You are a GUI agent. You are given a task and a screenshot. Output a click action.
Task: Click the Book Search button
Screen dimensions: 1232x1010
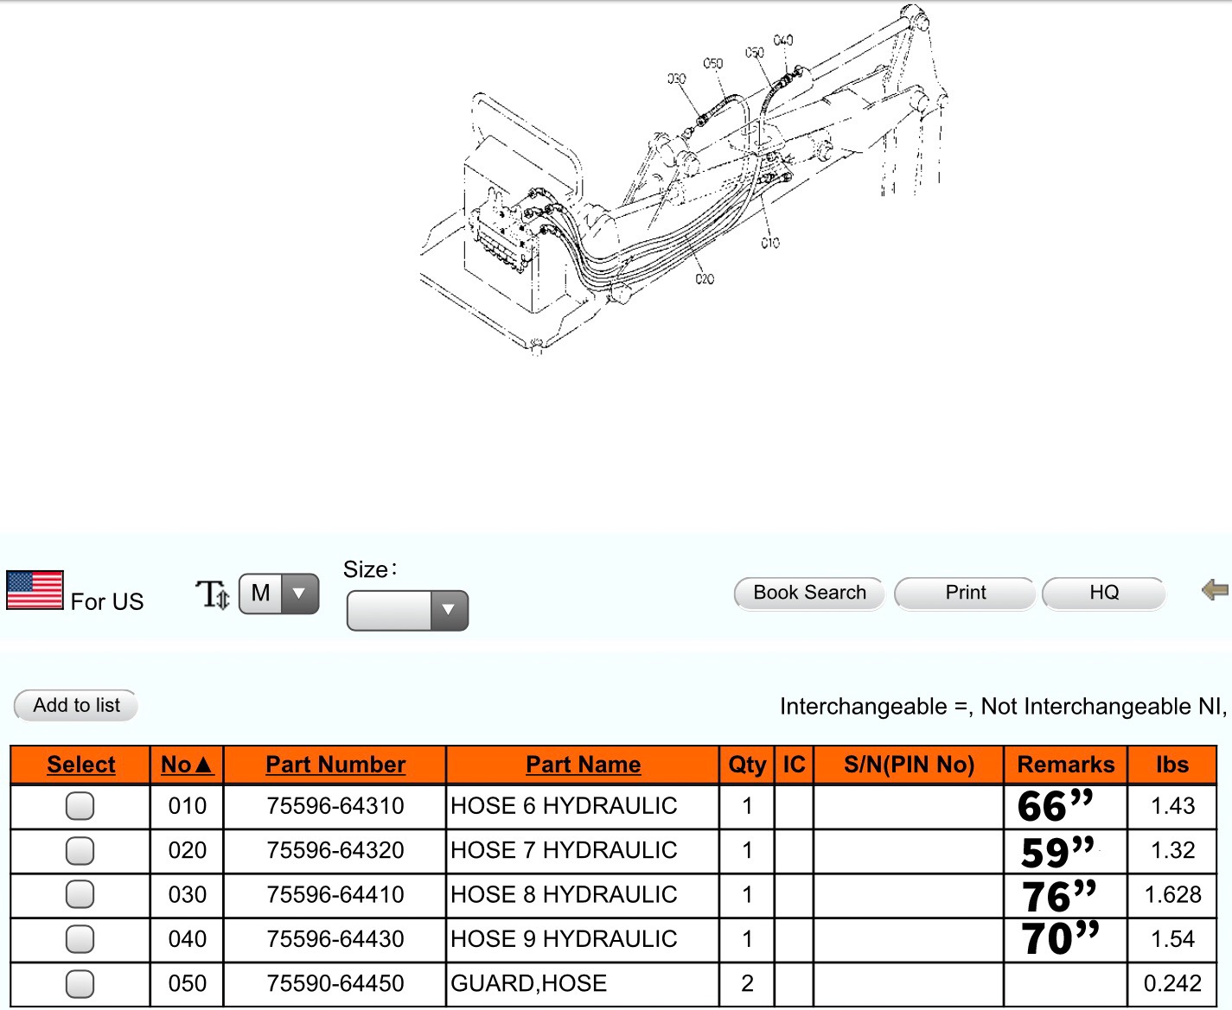809,594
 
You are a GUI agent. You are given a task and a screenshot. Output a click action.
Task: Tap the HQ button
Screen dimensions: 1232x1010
1103,594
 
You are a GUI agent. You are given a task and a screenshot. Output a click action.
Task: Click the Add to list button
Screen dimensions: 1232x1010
76,705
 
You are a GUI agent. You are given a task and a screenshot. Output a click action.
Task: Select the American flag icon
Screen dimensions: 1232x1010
35,589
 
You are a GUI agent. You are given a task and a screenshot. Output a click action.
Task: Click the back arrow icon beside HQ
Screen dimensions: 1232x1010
1215,589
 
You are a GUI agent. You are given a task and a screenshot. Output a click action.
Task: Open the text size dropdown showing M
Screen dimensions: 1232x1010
278,594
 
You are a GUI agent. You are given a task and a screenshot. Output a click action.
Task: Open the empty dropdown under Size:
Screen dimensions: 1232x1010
407,611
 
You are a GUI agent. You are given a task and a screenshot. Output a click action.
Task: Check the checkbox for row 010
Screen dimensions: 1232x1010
80,805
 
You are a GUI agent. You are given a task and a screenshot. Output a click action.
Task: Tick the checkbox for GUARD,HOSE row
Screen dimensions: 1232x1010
80,984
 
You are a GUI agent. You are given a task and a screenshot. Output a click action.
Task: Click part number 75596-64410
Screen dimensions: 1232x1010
335,894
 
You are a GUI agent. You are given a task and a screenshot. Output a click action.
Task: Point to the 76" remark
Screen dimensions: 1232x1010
1058,896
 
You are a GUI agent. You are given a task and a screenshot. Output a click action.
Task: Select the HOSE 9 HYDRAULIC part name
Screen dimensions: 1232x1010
564,939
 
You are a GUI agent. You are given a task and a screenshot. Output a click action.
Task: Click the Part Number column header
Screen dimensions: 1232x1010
335,765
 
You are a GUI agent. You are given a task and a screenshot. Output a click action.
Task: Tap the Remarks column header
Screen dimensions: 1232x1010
1065,765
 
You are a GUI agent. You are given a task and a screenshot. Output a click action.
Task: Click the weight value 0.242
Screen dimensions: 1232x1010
1171,984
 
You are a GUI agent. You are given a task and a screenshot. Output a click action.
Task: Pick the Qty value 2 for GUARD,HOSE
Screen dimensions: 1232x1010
747,984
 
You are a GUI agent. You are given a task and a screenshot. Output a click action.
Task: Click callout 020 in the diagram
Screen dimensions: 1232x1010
705,279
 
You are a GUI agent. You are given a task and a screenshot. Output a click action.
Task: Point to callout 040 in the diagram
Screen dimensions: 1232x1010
783,41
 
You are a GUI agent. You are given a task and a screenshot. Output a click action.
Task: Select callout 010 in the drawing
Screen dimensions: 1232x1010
770,242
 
